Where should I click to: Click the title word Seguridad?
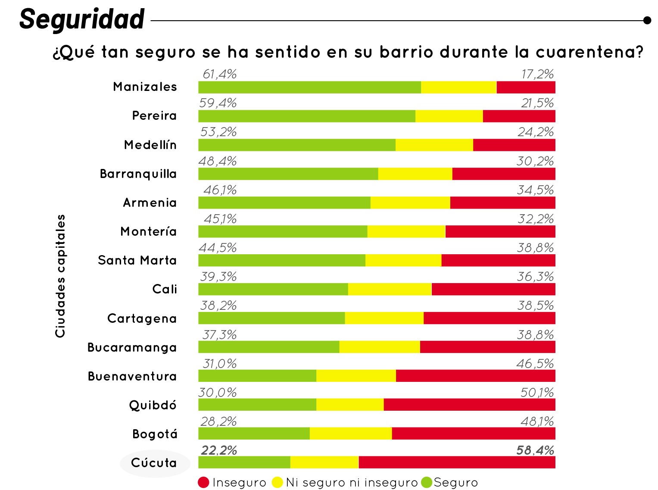[x=82, y=19]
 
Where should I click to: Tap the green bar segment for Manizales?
[x=309, y=87]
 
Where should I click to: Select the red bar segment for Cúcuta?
[x=457, y=462]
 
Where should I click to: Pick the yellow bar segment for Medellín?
[x=434, y=145]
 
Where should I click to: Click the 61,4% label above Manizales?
[x=220, y=75]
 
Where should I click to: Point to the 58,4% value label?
[x=535, y=450]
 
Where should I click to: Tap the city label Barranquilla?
[x=138, y=174]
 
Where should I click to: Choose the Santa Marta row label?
[x=137, y=261]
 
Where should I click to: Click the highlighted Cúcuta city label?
[x=154, y=463]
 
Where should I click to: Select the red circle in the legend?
[x=203, y=483]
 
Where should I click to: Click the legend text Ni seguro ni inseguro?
[x=352, y=483]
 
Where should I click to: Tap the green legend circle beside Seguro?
[x=426, y=483]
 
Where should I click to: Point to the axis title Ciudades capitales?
[x=60, y=276]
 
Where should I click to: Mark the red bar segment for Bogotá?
[x=473, y=434]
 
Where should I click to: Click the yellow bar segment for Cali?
[x=390, y=289]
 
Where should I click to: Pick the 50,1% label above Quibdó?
[x=537, y=393]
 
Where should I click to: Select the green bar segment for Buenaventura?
[x=257, y=376]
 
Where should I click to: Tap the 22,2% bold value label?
[x=219, y=450]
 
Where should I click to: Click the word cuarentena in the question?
[x=589, y=52]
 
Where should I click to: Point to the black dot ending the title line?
[x=647, y=20]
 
